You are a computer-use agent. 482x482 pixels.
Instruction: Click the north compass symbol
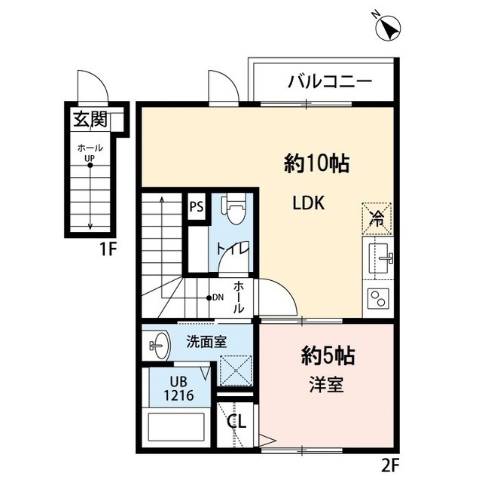click(389, 28)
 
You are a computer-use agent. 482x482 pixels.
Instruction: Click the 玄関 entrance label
click(90, 118)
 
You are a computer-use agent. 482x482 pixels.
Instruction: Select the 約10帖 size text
click(316, 163)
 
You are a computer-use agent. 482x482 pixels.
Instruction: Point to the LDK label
click(309, 203)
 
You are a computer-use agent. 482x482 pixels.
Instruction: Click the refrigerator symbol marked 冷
click(377, 218)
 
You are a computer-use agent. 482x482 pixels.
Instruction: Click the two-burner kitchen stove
click(379, 297)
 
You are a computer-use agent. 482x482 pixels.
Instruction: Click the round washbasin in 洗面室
click(157, 346)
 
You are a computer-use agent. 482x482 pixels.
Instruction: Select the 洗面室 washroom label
click(206, 341)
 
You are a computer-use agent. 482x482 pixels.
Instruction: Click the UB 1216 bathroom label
click(180, 389)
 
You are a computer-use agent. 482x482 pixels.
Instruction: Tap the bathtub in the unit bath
click(177, 430)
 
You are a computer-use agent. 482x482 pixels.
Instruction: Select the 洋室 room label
click(325, 385)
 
